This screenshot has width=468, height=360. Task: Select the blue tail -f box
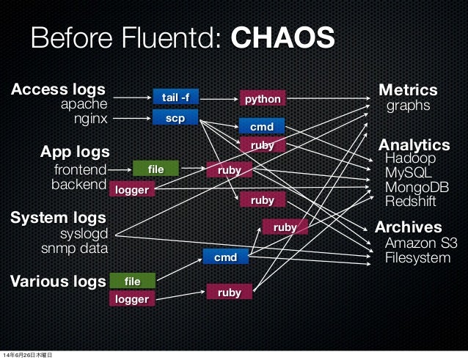175,97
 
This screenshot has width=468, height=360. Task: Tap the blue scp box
175,117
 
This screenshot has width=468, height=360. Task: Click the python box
263,98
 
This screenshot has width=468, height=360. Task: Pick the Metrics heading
408,91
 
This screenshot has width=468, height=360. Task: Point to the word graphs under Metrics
408,107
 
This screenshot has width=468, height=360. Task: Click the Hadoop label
410,159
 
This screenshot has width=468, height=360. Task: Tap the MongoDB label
417,188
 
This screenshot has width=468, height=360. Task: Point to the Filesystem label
417,258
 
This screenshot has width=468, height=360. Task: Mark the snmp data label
73,249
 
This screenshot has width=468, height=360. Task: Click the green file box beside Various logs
132,281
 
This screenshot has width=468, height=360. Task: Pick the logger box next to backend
132,190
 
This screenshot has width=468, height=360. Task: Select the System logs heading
57,218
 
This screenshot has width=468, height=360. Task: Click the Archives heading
409,227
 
